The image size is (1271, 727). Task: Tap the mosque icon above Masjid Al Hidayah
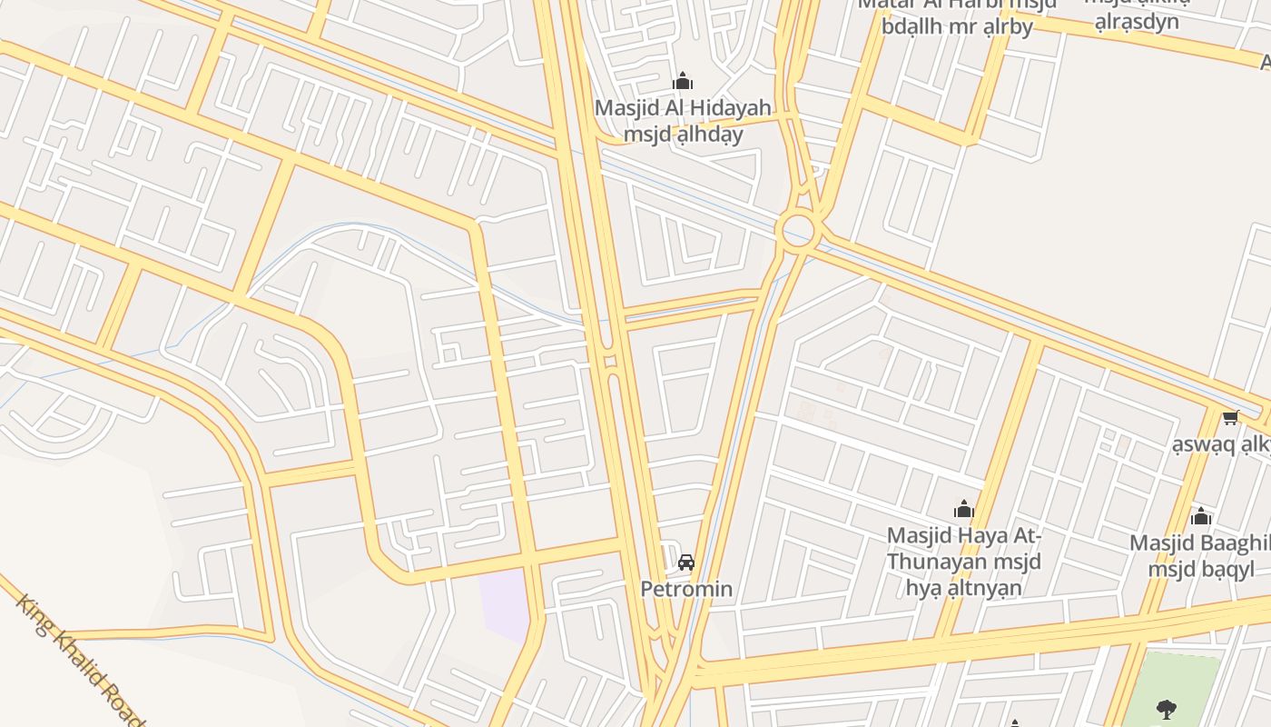683,82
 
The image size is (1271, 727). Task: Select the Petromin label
686,589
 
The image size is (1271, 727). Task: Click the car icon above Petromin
686,563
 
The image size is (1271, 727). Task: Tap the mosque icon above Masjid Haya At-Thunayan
963,509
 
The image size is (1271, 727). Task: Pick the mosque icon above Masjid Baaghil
1201,517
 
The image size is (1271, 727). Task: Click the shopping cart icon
1230,417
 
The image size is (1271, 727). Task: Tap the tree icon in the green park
1167,708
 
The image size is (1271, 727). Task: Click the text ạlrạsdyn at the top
1137,22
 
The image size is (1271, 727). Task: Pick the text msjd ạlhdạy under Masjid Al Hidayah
683,134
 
